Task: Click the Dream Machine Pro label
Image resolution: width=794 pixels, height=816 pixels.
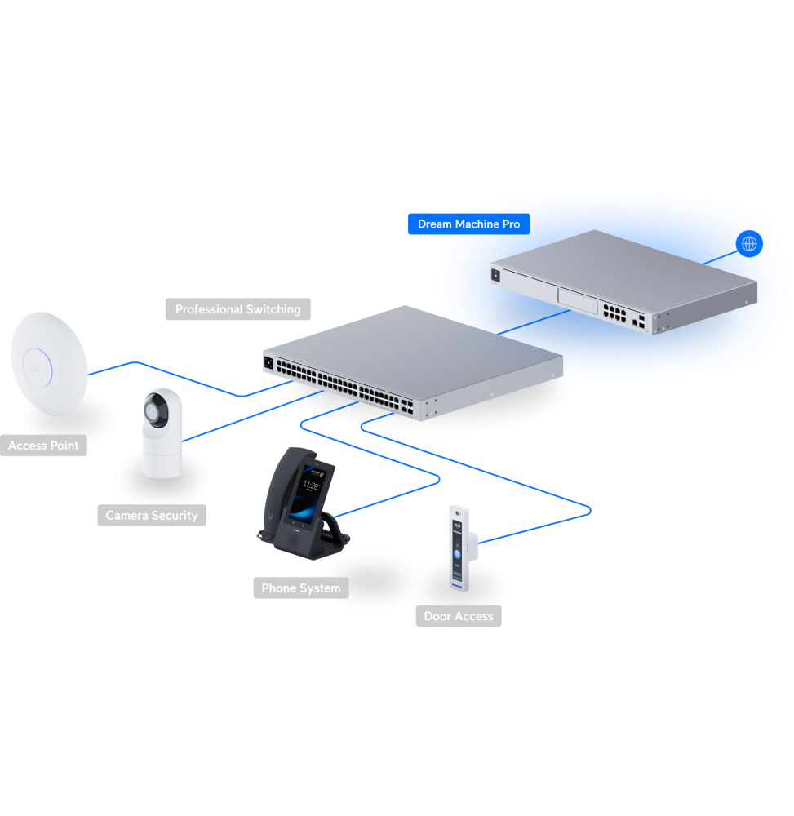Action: click(468, 224)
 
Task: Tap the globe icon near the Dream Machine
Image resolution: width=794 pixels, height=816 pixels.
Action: click(748, 244)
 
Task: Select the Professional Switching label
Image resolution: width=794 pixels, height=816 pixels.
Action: click(237, 309)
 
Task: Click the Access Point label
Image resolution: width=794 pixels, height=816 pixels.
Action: click(43, 446)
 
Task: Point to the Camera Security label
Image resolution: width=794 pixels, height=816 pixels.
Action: click(152, 516)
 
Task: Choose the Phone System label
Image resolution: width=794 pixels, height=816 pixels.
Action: click(300, 588)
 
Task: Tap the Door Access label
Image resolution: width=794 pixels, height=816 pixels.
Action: click(458, 616)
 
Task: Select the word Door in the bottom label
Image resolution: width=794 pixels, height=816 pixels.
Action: click(439, 616)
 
